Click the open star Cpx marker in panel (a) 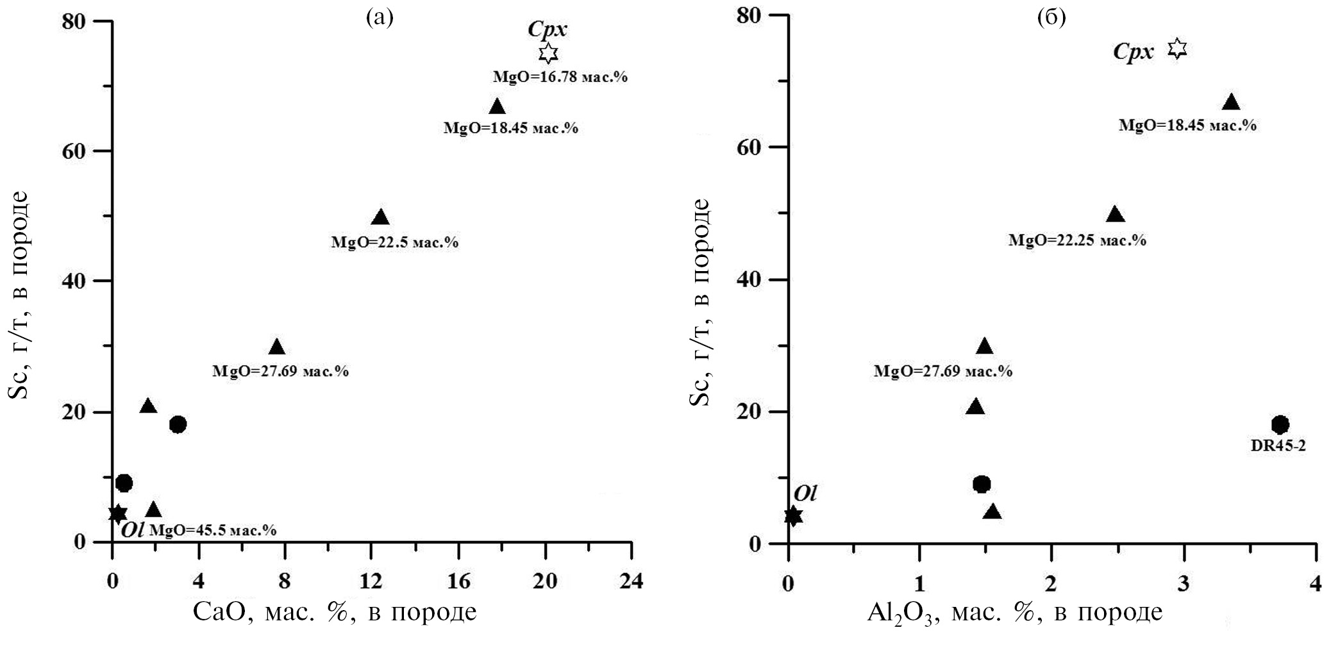pos(548,53)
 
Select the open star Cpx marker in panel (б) pos(1177,49)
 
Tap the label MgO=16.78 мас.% pos(560,77)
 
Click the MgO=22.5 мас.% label pos(394,243)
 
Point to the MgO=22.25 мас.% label pos(1077,240)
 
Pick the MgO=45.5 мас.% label pos(213,530)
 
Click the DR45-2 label pos(1278,445)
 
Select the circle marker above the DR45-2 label pos(1280,424)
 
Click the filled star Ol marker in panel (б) pos(793,515)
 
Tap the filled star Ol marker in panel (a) pos(117,513)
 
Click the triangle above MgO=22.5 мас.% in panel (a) pos(380,217)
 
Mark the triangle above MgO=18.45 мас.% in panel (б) pos(1231,103)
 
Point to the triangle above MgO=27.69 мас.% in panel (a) pos(276,347)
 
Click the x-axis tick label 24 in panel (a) pos(632,582)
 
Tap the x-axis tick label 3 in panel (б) pos(1184,584)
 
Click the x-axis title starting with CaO pos(335,612)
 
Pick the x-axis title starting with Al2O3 pos(1014,613)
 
